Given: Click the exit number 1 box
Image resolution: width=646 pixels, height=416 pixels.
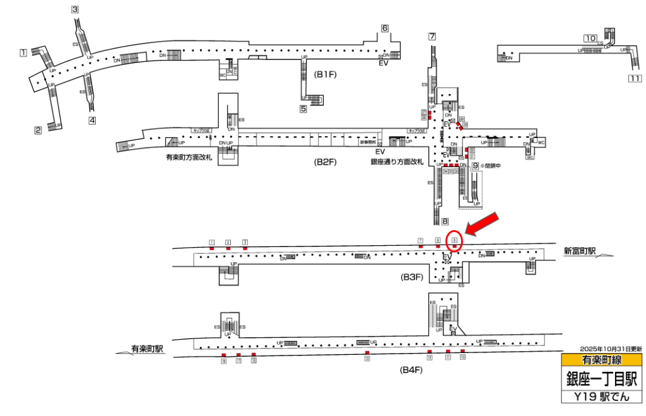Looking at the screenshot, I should coord(23,52).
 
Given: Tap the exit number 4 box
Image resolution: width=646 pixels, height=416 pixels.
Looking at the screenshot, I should coord(92,120).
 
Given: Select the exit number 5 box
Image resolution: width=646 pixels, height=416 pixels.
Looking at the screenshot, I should coord(303,108).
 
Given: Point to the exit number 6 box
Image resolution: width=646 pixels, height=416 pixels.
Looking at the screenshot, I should coord(384,28).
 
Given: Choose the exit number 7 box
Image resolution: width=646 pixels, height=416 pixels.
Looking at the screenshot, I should coord(432,36).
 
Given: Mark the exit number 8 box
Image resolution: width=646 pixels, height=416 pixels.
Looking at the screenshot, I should coord(445,221).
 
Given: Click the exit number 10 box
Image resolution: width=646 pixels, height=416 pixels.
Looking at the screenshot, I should coord(590,38).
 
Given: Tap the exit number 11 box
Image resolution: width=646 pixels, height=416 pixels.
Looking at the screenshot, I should coord(635,79).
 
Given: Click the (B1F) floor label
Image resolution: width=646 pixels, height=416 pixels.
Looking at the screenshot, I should coord(327,74).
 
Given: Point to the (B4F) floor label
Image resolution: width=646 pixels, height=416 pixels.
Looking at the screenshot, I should coord(411,369).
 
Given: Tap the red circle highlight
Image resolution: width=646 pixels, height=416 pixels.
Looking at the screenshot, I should coord(454,240).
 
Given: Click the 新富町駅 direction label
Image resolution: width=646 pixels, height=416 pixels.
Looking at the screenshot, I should coord(580,251).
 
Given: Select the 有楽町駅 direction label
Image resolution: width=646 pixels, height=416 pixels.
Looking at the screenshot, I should coord(148,348).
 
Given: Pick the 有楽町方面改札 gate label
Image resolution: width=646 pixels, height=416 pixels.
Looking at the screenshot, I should coord(188,158).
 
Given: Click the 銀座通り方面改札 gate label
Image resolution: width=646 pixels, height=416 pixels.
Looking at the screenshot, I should coord(396,162).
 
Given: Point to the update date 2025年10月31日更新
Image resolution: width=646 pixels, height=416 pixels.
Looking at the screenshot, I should coord(611,349).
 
